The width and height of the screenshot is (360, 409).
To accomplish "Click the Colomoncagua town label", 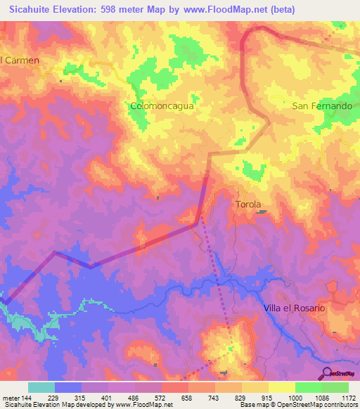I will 162,106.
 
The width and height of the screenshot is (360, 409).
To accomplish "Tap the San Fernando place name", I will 322,106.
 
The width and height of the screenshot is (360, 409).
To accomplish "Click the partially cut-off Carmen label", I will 20,60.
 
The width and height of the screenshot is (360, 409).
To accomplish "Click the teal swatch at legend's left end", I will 41,387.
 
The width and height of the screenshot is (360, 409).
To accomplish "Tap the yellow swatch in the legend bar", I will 281,387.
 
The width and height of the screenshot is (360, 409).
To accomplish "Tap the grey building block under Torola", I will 260,212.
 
